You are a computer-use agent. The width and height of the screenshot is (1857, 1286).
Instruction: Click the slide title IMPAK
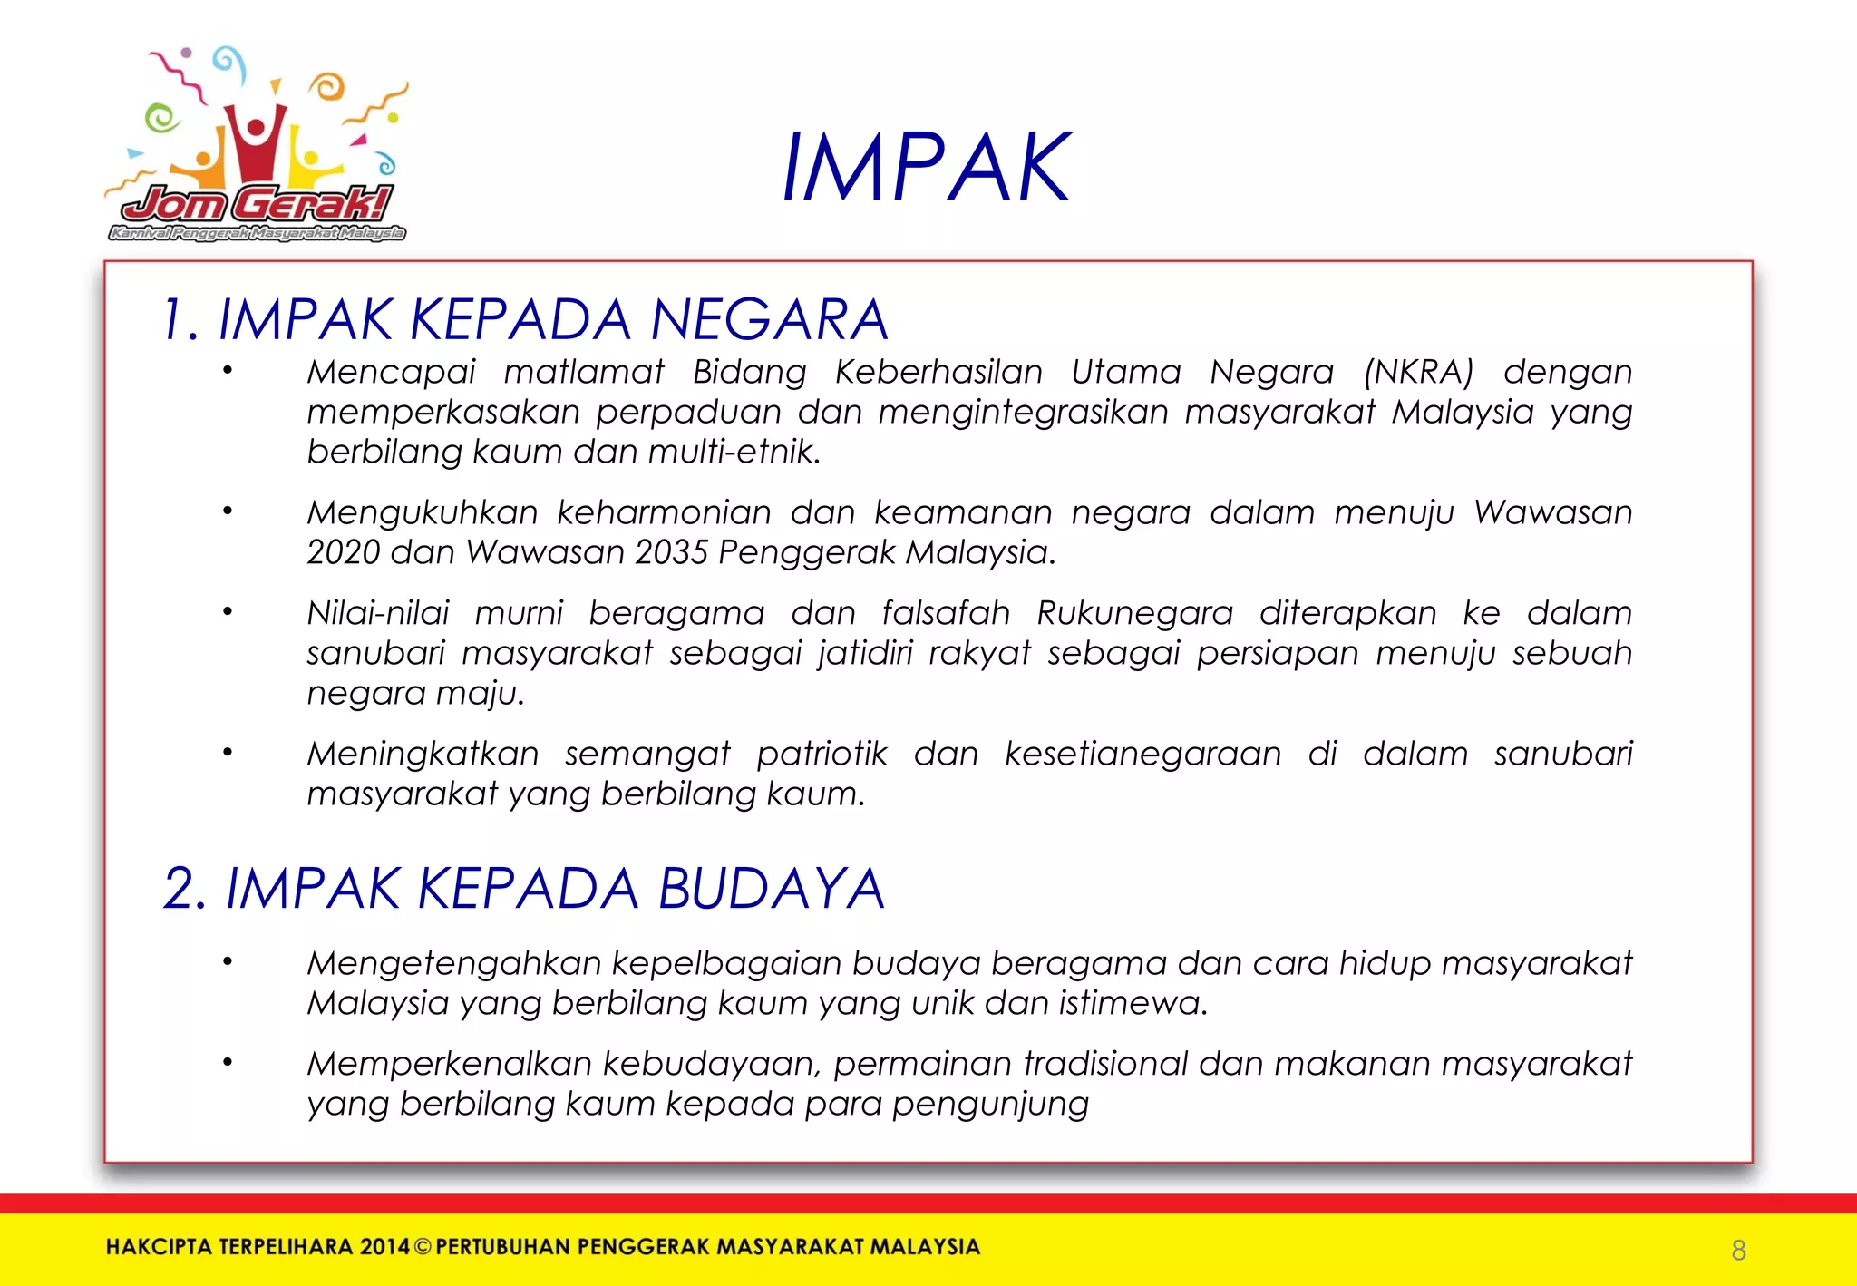(x=926, y=168)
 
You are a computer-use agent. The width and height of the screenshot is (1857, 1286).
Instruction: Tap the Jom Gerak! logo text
(x=258, y=204)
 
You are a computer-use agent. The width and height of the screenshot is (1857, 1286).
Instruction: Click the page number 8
(x=1738, y=1251)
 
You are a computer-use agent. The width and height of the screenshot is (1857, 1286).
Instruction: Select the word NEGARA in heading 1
(x=769, y=320)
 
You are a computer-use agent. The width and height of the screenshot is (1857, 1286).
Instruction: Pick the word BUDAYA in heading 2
(x=772, y=889)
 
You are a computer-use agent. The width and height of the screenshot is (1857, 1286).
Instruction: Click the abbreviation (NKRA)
(x=1418, y=373)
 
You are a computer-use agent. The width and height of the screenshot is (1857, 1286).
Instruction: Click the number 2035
(x=670, y=552)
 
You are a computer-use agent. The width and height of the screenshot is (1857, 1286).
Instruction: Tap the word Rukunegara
(x=1134, y=614)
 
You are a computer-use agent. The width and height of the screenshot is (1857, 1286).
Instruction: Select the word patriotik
(x=822, y=755)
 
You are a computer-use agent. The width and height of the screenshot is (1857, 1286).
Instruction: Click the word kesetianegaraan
(x=1142, y=755)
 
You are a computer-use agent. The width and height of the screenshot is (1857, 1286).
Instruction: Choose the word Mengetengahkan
(x=453, y=964)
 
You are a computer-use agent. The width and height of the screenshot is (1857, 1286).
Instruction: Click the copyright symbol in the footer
(x=423, y=1247)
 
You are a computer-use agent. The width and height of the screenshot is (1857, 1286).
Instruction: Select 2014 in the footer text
(x=384, y=1247)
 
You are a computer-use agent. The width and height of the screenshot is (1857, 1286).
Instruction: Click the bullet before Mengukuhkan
(x=228, y=511)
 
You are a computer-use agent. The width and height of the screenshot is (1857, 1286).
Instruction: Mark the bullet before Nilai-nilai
(x=228, y=612)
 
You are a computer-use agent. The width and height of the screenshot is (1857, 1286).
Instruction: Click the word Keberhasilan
(x=938, y=373)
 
